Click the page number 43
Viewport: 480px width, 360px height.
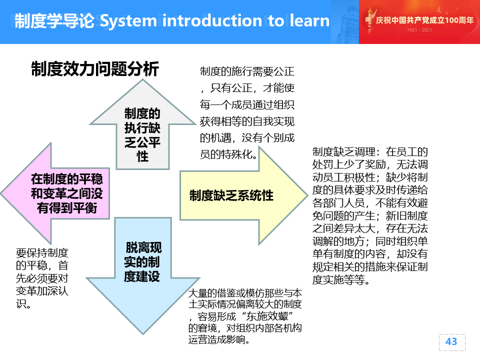pyautogui.click(x=451, y=341)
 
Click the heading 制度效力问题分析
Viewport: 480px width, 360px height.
pyautogui.click(x=95, y=68)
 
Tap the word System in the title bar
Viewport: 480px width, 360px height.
pyautogui.click(x=128, y=21)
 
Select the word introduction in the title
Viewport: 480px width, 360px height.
pyautogui.click(x=212, y=20)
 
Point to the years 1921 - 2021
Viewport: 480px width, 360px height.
pyautogui.click(x=419, y=30)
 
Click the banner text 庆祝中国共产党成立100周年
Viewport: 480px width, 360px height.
pyautogui.click(x=424, y=20)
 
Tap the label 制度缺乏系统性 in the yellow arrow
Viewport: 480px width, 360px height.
pyautogui.click(x=231, y=195)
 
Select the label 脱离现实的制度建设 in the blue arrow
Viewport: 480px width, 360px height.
pyautogui.click(x=142, y=262)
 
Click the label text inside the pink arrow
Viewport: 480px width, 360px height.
pyautogui.click(x=67, y=193)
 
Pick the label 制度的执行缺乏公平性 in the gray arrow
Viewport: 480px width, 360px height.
pyautogui.click(x=142, y=134)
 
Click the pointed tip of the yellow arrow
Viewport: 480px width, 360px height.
pyautogui.click(x=307, y=195)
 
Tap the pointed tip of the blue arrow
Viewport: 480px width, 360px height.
pyautogui.click(x=143, y=333)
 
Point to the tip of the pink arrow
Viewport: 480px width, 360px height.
pyautogui.click(x=1, y=193)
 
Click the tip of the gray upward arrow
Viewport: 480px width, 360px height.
pyautogui.click(x=142, y=80)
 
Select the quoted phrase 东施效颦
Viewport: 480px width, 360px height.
pyautogui.click(x=267, y=316)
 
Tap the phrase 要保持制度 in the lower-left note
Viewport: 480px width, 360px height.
pyautogui.click(x=42, y=253)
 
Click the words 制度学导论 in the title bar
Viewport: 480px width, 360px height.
pyautogui.click(x=54, y=21)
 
